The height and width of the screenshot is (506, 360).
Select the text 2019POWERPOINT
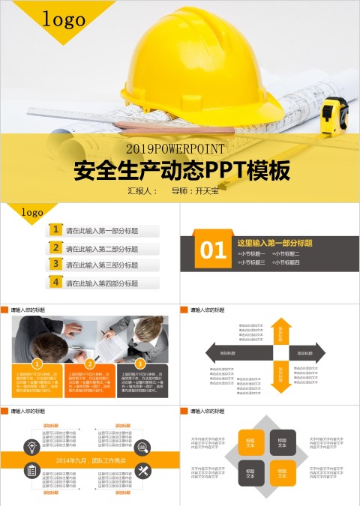tap(180, 148)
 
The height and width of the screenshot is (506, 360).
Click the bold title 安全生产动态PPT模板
tap(181, 171)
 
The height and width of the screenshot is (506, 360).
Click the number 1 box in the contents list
tap(55, 229)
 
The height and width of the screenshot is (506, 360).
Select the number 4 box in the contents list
tap(55, 282)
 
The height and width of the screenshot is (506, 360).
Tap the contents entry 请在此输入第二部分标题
tap(102, 249)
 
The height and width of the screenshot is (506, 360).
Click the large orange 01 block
tap(214, 250)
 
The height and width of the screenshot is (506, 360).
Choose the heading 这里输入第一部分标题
tap(274, 243)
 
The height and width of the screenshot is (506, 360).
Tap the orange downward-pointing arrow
tap(280, 376)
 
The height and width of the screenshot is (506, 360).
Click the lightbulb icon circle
tap(32, 447)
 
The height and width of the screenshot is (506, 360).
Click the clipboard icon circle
tap(32, 470)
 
